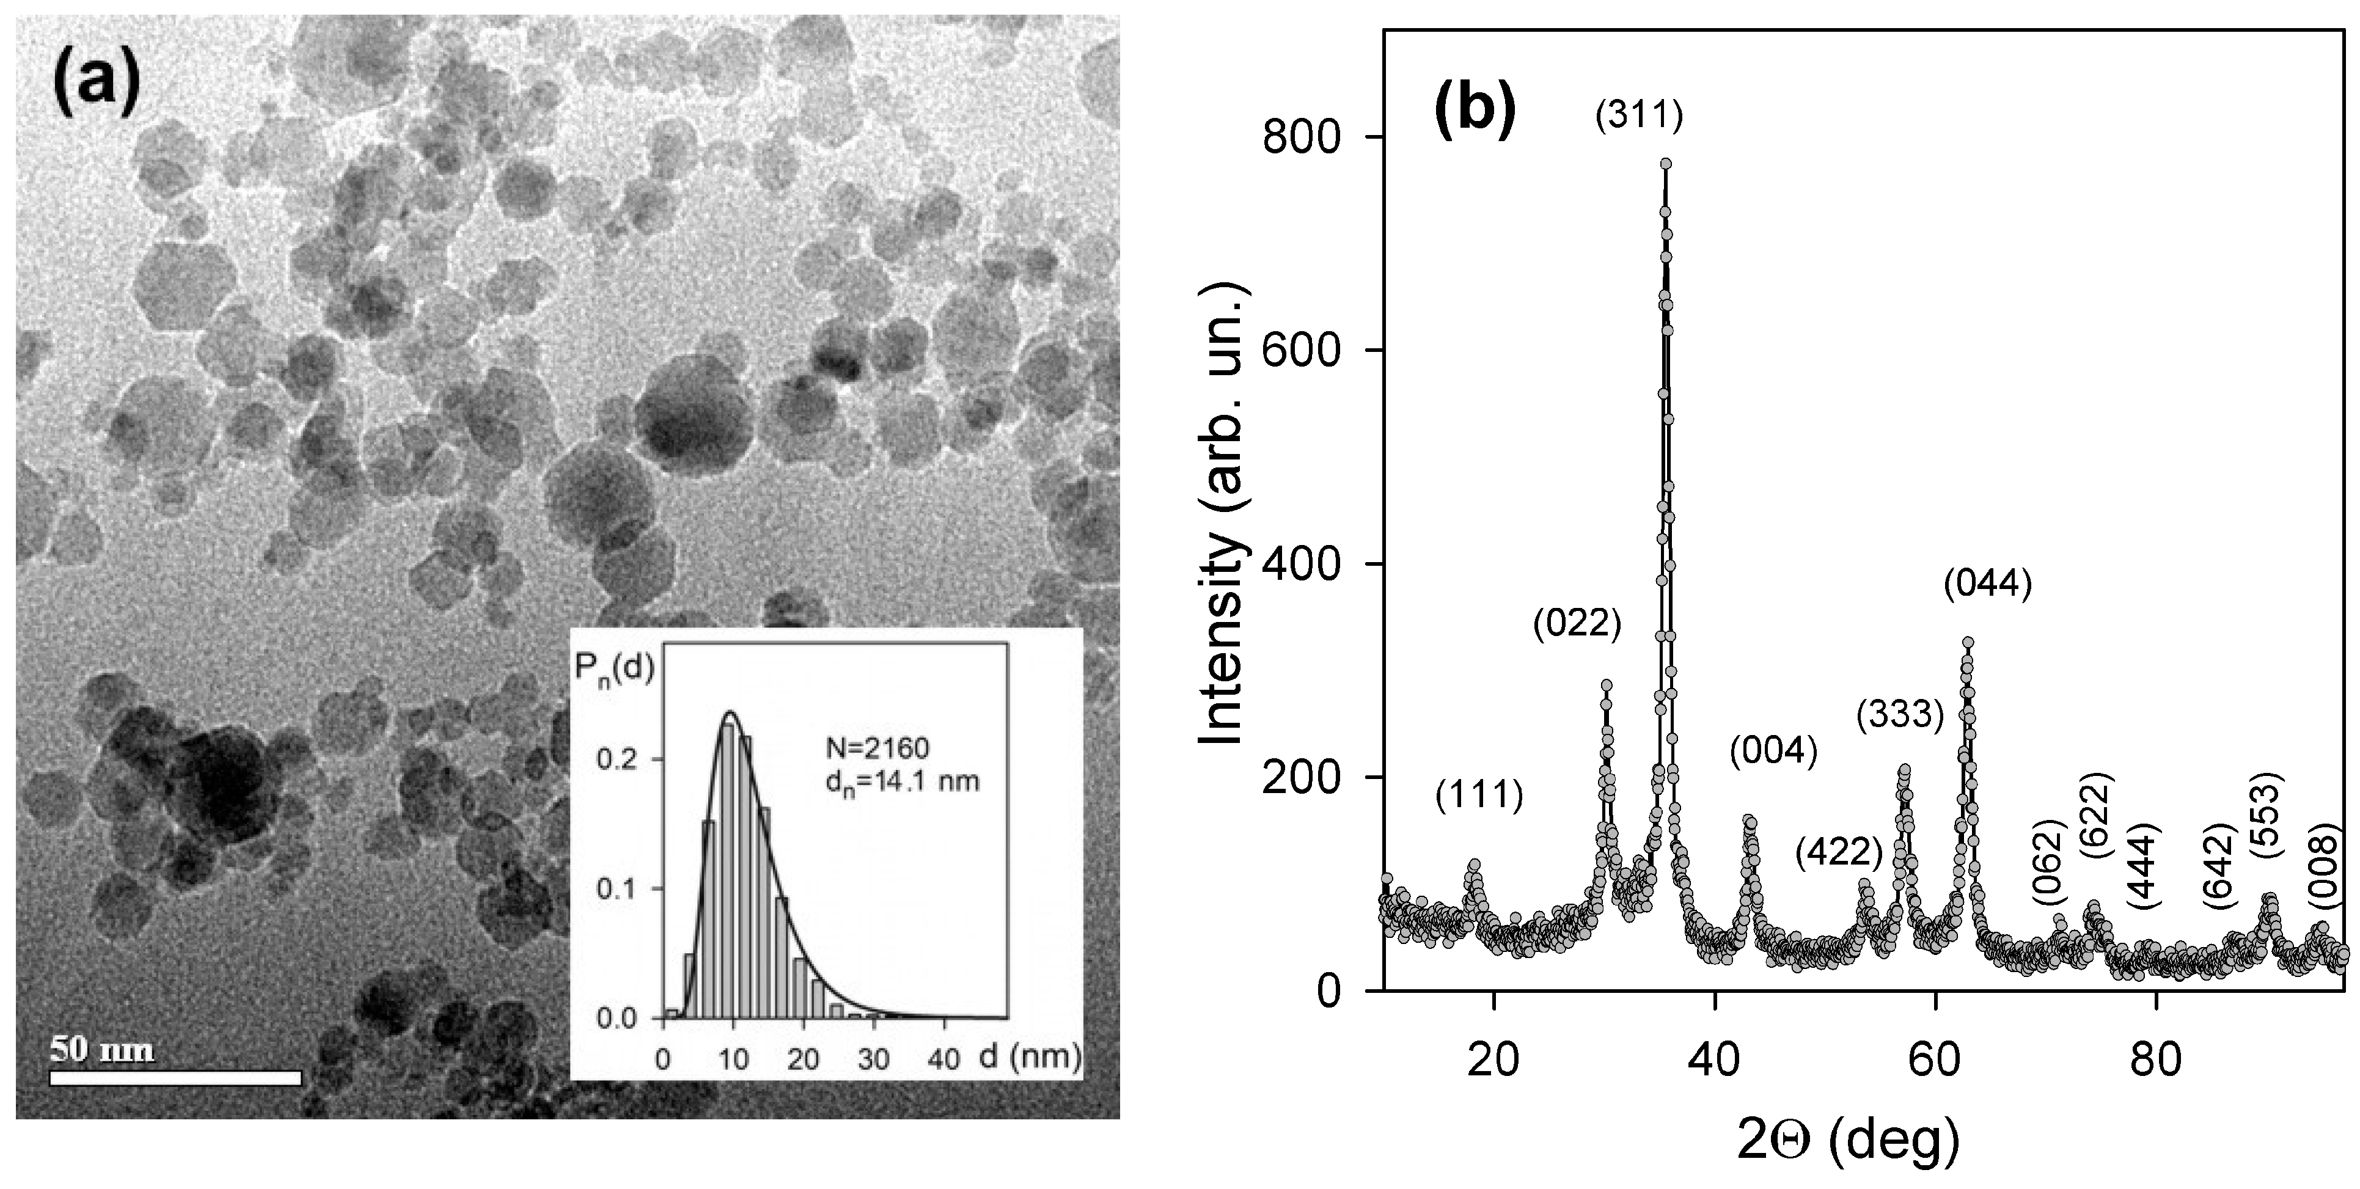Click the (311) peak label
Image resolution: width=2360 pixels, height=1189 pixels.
pyautogui.click(x=1639, y=115)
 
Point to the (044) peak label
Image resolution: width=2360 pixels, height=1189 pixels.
pyautogui.click(x=1988, y=583)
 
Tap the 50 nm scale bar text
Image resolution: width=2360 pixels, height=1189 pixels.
pyautogui.click(x=101, y=1049)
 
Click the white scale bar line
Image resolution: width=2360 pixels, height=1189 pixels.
pyautogui.click(x=175, y=1078)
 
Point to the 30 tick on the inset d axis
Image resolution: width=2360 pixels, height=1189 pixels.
pyautogui.click(x=874, y=1059)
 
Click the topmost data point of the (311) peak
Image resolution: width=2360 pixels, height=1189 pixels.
pyautogui.click(x=1666, y=164)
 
